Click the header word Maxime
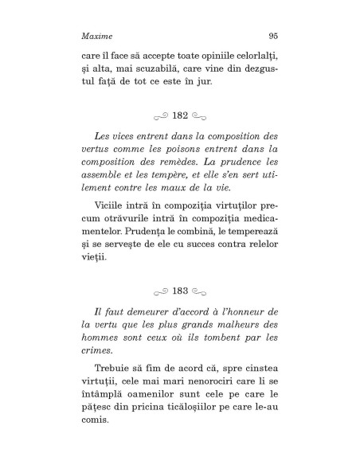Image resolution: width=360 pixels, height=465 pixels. pyautogui.click(x=96, y=36)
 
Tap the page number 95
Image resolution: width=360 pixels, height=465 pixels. pyautogui.click(x=272, y=36)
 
